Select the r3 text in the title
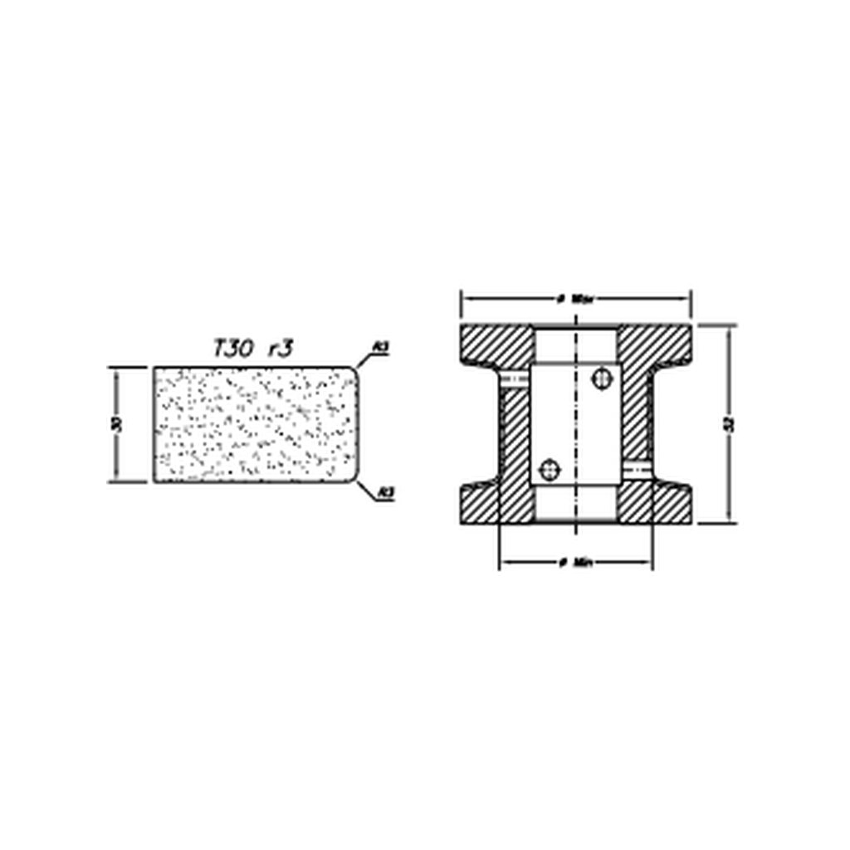click(x=280, y=349)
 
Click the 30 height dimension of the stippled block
click(x=117, y=423)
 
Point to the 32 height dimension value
click(x=730, y=424)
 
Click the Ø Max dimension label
click(x=575, y=298)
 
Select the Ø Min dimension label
click(x=575, y=563)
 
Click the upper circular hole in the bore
click(x=602, y=379)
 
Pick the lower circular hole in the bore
click(x=549, y=471)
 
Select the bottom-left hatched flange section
click(x=490, y=504)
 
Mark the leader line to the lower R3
click(x=367, y=490)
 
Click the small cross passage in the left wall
click(x=515, y=379)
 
